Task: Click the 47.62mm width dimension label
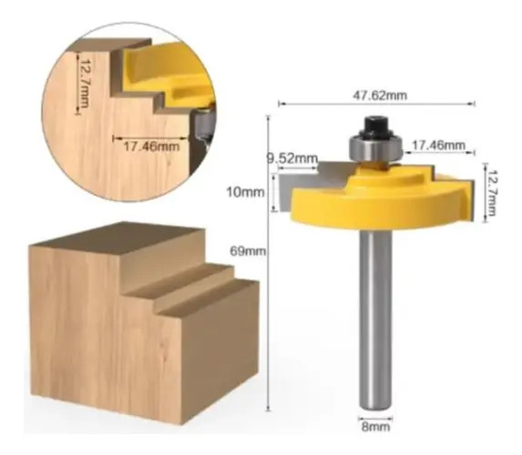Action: pyautogui.click(x=380, y=96)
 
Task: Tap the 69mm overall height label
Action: pyautogui.click(x=248, y=251)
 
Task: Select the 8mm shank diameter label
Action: pyautogui.click(x=375, y=427)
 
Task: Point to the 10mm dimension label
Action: pyautogui.click(x=245, y=192)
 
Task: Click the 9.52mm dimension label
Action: pyautogui.click(x=292, y=158)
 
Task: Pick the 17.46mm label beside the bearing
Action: pyautogui.click(x=438, y=145)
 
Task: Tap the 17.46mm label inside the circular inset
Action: pyautogui.click(x=151, y=146)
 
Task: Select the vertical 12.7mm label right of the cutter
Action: pyautogui.click(x=491, y=193)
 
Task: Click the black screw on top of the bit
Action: pyautogui.click(x=376, y=126)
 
